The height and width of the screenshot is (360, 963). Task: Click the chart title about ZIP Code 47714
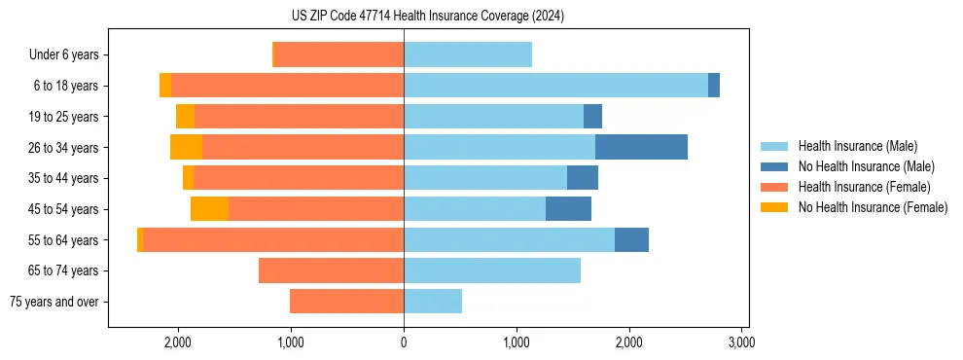click(428, 16)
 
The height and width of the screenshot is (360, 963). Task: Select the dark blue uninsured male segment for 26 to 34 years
click(641, 147)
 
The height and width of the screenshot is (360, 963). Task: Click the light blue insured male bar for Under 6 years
click(468, 54)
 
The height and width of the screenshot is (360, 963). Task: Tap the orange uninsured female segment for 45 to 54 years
click(209, 208)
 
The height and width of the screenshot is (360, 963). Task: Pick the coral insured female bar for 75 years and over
click(346, 302)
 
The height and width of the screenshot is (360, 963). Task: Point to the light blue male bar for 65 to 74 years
click(492, 270)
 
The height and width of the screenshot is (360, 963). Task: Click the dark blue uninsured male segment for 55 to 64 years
click(631, 239)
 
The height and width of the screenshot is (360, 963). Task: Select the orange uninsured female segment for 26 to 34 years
click(186, 147)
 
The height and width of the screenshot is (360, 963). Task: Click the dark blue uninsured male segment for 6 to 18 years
click(714, 86)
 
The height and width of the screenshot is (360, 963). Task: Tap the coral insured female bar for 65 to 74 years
click(331, 270)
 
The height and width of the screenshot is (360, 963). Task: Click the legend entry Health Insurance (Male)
click(857, 146)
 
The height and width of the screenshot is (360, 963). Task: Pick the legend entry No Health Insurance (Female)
click(873, 207)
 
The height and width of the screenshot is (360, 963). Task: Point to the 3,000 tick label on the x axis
click(741, 342)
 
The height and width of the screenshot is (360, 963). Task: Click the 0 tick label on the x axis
click(404, 342)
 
